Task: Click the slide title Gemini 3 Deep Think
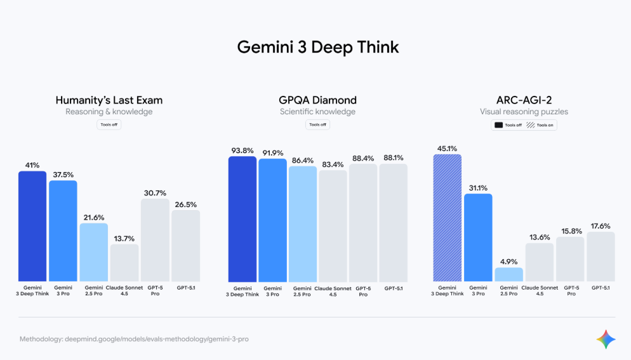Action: pos(318,47)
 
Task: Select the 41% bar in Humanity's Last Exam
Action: pos(32,226)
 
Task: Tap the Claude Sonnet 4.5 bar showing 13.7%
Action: pos(124,263)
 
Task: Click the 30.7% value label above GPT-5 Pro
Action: pos(155,193)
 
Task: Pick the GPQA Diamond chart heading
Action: pos(317,100)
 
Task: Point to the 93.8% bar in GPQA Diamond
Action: pos(242,219)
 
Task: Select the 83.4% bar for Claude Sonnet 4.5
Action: pos(333,226)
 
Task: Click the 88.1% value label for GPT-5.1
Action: pos(393,158)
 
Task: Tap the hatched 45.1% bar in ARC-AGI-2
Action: pos(448,218)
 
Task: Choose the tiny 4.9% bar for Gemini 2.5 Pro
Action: pos(509,274)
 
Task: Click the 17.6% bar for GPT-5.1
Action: pos(601,257)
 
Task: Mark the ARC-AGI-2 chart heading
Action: pos(524,100)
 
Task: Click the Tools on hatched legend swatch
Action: pos(531,125)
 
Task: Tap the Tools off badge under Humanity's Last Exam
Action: pos(109,124)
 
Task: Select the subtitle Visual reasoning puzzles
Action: pos(524,112)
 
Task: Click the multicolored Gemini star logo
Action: pos(606,339)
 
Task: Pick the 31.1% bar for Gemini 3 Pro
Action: pos(478,237)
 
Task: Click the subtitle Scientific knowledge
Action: pos(317,112)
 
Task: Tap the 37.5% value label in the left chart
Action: pos(63,175)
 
